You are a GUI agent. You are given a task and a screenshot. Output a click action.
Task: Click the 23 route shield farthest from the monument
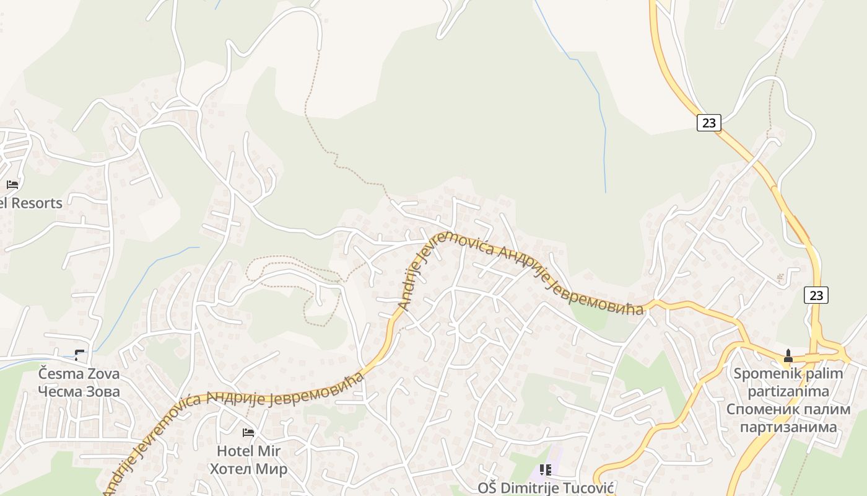(708, 123)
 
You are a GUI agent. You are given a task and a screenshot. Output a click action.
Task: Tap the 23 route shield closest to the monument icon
(816, 295)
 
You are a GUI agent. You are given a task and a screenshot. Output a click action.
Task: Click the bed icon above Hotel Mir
(248, 432)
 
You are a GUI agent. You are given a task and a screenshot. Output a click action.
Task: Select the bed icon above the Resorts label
(12, 184)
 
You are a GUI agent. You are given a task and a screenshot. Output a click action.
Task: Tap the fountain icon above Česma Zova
(79, 355)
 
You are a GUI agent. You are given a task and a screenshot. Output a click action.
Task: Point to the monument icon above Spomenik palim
(788, 356)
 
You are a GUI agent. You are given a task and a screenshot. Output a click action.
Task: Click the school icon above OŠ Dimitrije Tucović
(545, 470)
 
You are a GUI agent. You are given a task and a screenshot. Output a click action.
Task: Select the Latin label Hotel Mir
(248, 451)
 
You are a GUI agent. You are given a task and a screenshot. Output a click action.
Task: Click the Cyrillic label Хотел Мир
(248, 469)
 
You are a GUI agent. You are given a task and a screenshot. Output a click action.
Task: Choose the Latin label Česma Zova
(79, 374)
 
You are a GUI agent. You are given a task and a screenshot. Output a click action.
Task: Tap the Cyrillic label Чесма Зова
(79, 392)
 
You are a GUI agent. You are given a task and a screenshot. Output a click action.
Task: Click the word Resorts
(37, 203)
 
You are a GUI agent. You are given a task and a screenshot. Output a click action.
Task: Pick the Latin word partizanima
(788, 391)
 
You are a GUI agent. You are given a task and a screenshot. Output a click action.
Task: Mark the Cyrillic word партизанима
(788, 427)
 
